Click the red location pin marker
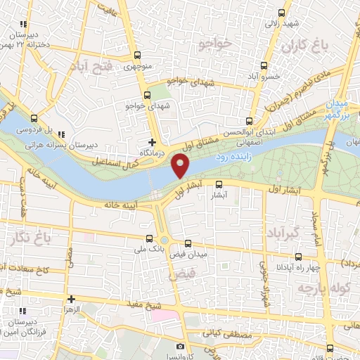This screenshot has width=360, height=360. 181,166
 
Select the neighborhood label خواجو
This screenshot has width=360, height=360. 215,44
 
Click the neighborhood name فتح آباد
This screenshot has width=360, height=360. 91,67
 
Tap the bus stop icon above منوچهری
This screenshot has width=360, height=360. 137,56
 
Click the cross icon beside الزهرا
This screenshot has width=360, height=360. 71,299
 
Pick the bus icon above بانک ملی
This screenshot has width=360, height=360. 148,239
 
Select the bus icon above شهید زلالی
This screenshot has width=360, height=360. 282,12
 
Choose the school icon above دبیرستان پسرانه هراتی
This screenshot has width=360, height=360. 61,134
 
